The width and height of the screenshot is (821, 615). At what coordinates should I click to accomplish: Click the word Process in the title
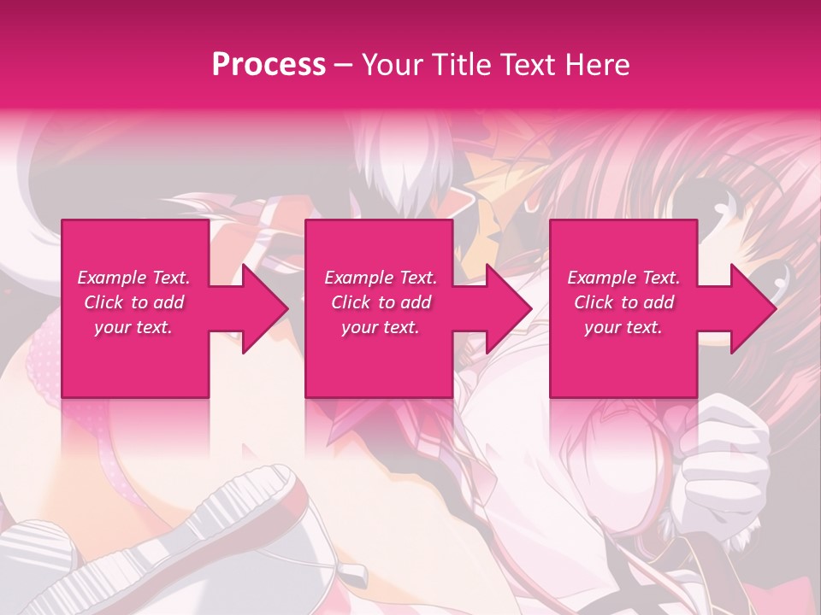point(269,65)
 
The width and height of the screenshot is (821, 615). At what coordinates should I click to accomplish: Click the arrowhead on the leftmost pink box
point(264,308)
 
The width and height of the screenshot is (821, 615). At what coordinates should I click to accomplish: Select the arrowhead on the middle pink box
point(509,308)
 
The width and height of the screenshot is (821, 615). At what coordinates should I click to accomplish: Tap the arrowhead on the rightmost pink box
point(753,308)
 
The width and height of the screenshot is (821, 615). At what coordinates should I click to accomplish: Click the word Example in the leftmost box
point(111,278)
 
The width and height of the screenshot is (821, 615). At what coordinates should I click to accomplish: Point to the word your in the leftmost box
point(111,327)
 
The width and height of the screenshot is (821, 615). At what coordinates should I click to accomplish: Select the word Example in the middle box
point(358,278)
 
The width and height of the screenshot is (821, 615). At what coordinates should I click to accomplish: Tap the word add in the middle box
point(416,302)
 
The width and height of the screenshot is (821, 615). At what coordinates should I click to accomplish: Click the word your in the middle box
point(358,327)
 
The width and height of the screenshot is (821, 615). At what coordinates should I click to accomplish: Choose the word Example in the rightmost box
point(601,278)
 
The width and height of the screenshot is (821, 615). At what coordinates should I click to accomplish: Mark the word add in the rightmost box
point(659,302)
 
